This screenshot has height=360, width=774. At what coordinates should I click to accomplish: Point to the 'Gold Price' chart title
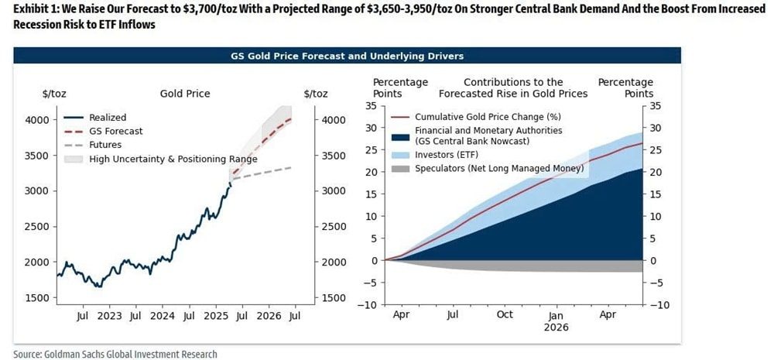[185, 94]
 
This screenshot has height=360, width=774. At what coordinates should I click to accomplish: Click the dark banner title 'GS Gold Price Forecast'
[347, 56]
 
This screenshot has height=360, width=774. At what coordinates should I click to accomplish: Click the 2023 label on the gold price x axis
[109, 316]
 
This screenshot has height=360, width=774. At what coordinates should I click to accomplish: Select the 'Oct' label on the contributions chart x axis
[504, 316]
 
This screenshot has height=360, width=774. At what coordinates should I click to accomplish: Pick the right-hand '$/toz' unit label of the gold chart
[316, 94]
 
